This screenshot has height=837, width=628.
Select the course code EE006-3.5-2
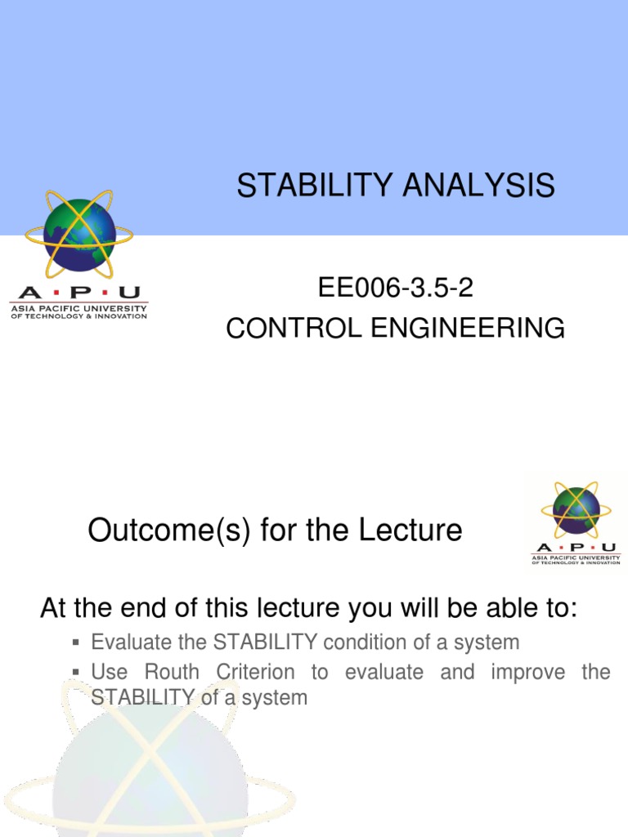395,289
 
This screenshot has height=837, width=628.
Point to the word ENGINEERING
462,329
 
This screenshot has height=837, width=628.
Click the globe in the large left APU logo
79,235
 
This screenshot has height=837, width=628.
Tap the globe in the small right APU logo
576,511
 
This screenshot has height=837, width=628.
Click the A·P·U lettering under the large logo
78,293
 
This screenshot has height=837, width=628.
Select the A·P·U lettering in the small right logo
576,548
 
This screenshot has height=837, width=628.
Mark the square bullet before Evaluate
75,643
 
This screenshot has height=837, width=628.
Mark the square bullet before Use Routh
75,673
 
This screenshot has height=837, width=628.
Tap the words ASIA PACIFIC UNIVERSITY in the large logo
78,308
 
